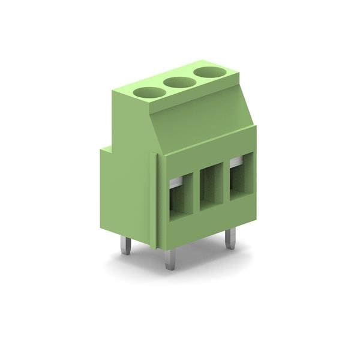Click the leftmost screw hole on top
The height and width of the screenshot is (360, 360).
tap(149, 92)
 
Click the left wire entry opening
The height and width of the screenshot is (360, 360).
tap(180, 197)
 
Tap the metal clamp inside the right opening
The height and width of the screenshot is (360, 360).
tap(236, 161)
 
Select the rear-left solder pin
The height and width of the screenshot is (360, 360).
tap(125, 245)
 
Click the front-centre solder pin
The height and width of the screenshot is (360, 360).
tap(170, 259)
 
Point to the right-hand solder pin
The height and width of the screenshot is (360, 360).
tap(230, 238)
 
